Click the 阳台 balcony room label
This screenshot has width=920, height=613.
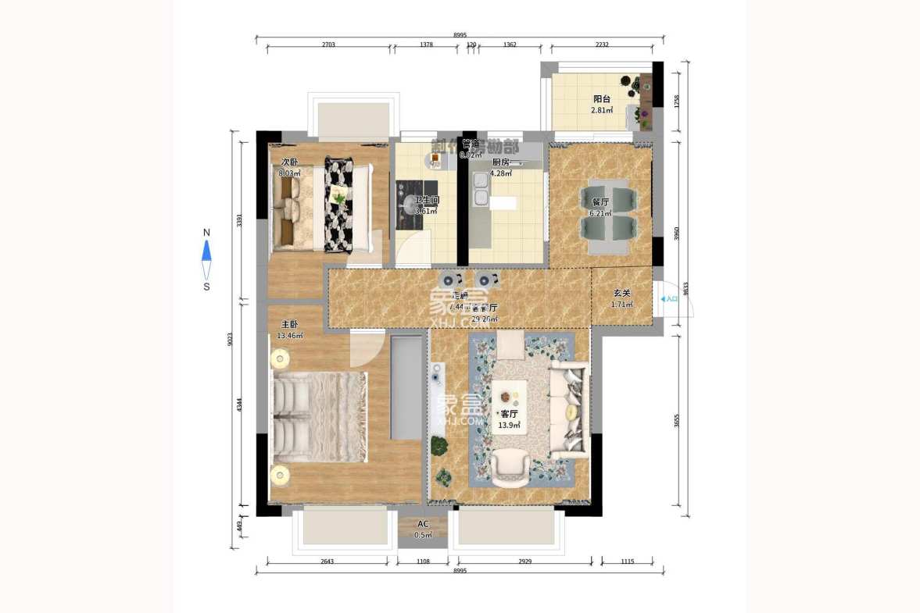click(601, 99)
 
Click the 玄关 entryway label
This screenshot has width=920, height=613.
click(621, 293)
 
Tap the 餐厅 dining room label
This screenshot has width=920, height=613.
click(600, 201)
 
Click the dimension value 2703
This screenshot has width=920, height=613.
click(328, 45)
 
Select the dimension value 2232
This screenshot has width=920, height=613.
click(602, 45)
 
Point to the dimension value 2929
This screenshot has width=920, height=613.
click(524, 562)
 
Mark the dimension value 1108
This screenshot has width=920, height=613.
click(423, 562)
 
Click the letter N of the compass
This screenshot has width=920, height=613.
click(206, 233)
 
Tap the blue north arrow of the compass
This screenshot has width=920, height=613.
click(206, 250)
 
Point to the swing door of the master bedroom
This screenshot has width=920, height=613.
click(367, 347)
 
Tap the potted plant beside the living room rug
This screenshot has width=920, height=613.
click(440, 447)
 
